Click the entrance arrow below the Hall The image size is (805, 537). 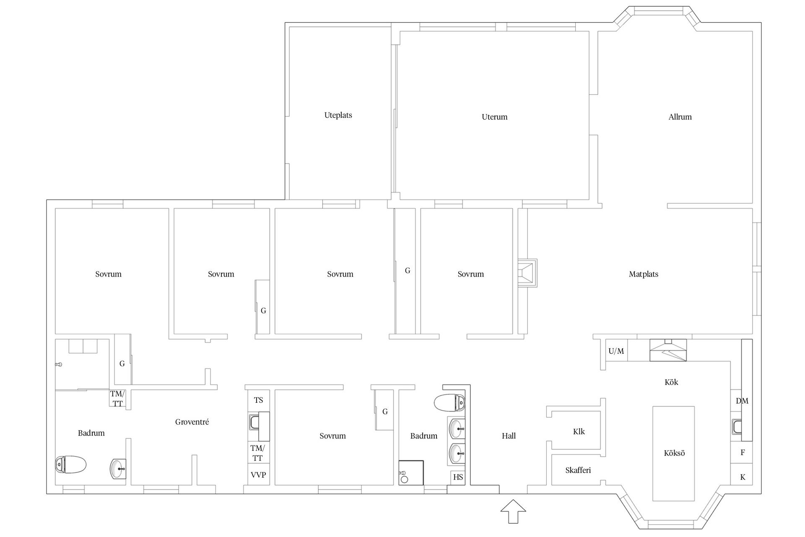(x=513, y=511)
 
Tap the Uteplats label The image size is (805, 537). (x=338, y=115)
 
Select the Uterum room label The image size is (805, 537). (x=494, y=117)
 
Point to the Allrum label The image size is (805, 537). (x=680, y=117)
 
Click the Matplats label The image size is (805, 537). (x=643, y=274)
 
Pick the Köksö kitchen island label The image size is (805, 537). (x=674, y=453)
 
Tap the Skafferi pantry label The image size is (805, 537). (x=578, y=470)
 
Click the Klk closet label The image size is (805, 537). (x=579, y=432)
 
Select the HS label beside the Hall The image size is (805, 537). (x=458, y=477)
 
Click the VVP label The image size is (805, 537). (x=258, y=475)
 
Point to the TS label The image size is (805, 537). (x=258, y=400)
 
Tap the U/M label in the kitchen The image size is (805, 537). (x=616, y=351)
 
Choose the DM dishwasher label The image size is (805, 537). (x=742, y=401)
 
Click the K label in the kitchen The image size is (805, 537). (x=743, y=477)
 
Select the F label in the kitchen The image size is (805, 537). (x=743, y=453)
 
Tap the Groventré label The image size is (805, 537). (x=192, y=422)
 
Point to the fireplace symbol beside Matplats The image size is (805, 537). (x=527, y=273)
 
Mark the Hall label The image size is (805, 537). (x=509, y=436)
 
